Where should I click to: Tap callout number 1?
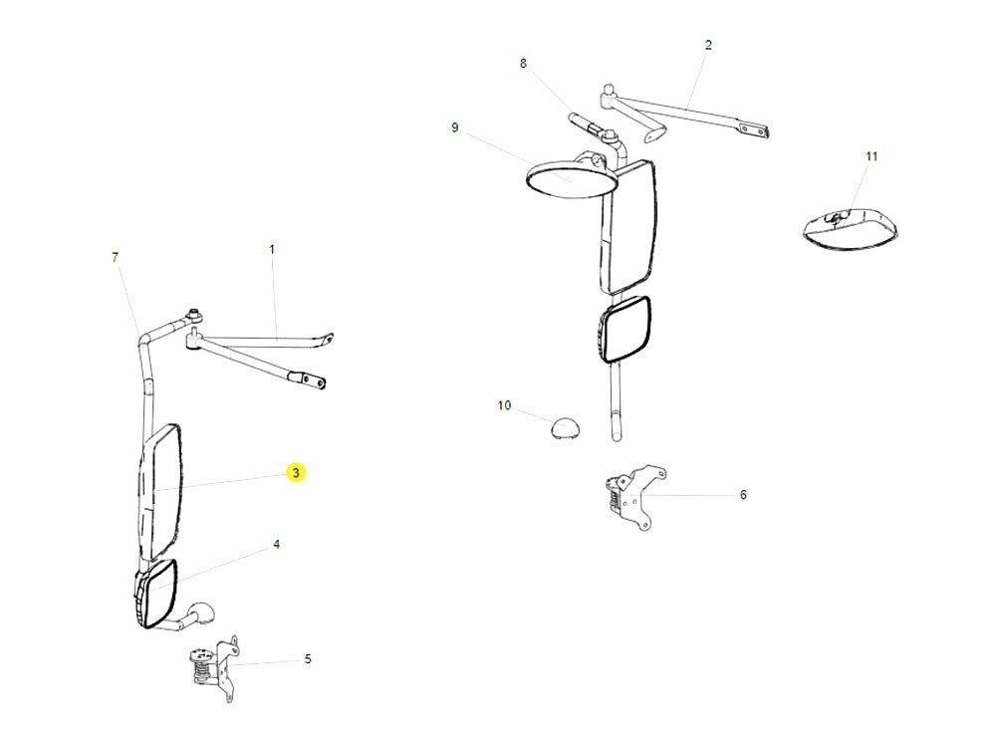(x=272, y=248)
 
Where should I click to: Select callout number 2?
(x=708, y=45)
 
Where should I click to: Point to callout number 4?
(x=276, y=545)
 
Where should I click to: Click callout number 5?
(x=308, y=658)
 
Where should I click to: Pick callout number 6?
(x=743, y=494)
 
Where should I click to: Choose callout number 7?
(x=116, y=257)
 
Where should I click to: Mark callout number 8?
(x=523, y=64)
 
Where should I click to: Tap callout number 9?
(x=454, y=127)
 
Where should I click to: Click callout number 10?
(x=504, y=405)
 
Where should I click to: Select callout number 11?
(x=871, y=156)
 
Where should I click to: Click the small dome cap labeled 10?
(x=565, y=428)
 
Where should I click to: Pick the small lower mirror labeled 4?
(x=156, y=595)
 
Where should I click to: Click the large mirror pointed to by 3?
(x=162, y=490)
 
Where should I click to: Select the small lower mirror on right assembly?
(x=625, y=332)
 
